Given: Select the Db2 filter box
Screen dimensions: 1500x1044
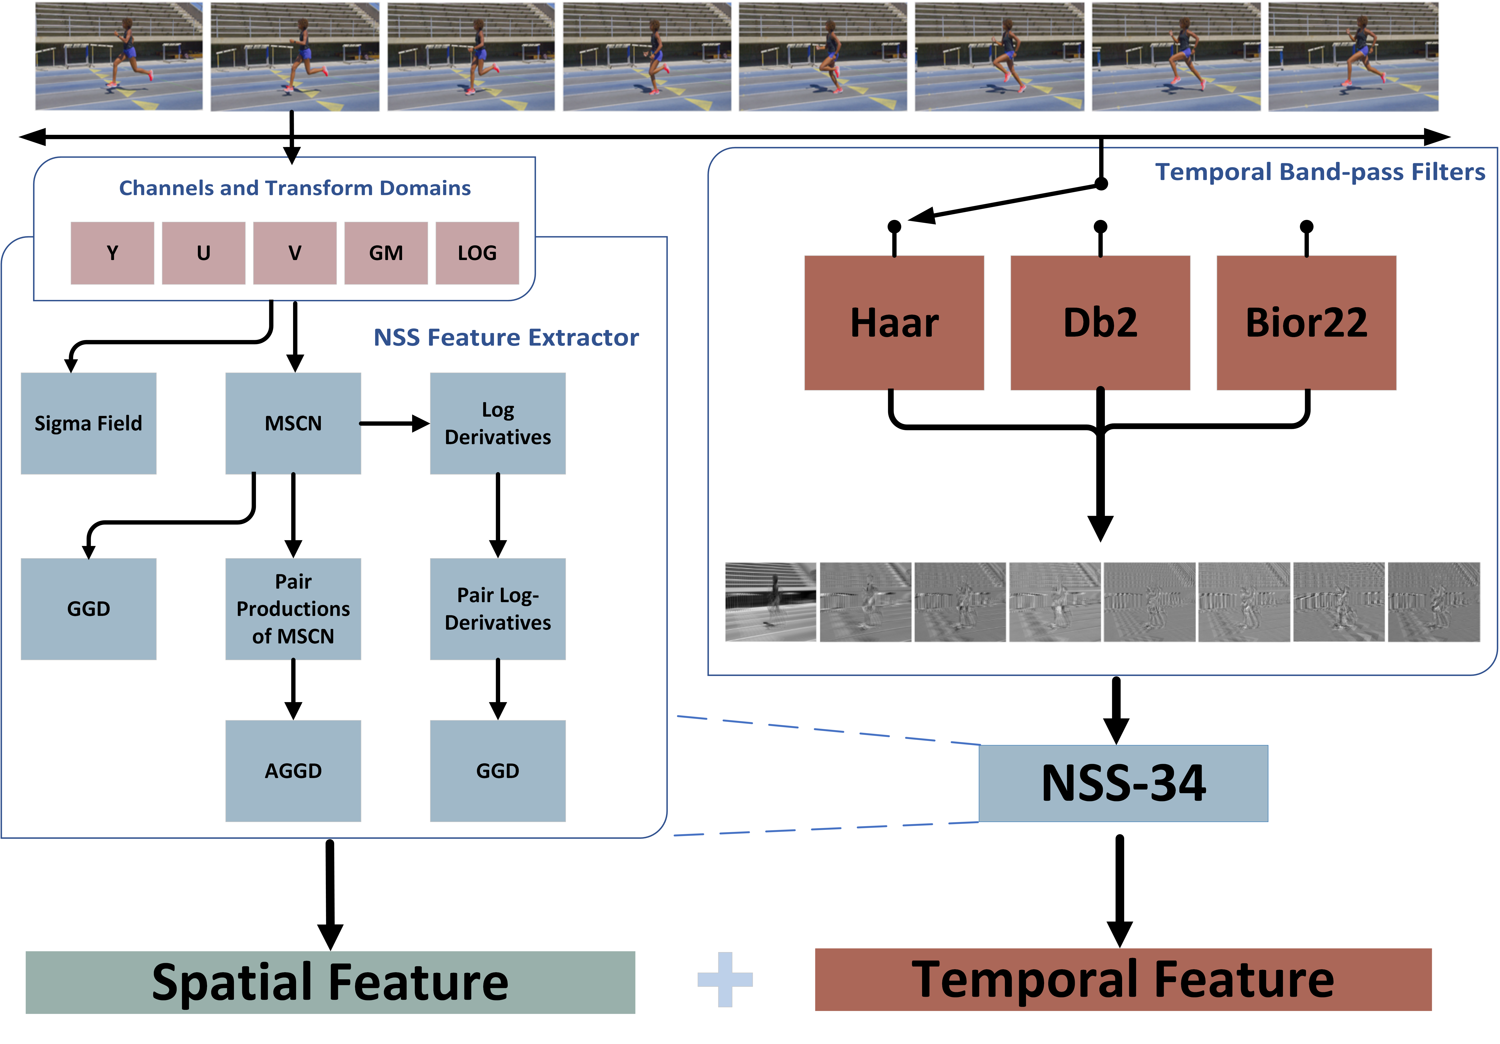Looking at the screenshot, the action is [x=1100, y=323].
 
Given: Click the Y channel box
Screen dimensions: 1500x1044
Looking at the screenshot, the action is [x=112, y=253].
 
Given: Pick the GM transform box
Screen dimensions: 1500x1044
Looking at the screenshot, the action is [x=386, y=253].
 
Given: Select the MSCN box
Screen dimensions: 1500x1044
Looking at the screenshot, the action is [x=293, y=423].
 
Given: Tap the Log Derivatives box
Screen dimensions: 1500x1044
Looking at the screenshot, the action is [x=498, y=423].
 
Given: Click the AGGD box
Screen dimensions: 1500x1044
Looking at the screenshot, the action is [x=293, y=771].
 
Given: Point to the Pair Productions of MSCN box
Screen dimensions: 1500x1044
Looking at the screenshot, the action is [x=293, y=609].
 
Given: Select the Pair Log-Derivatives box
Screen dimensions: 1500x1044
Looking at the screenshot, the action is [x=498, y=609].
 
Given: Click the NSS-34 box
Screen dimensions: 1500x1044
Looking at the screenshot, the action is [x=1124, y=783].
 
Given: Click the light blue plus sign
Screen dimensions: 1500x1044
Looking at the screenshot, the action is [x=725, y=979].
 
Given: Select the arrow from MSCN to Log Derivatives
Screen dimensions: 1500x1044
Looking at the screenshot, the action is [x=395, y=423].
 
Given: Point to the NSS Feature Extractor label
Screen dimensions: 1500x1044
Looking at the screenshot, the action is [x=506, y=337].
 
